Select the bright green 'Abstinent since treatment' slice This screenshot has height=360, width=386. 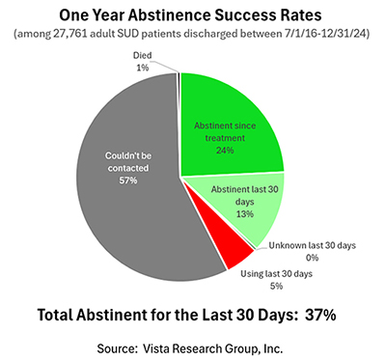[x=241, y=106]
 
